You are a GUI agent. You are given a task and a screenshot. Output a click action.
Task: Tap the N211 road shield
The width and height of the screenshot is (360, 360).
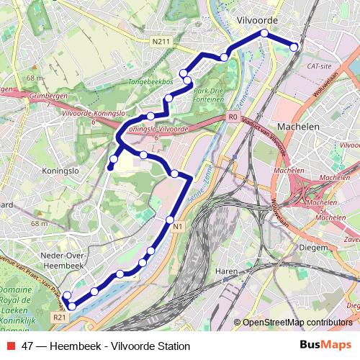pyautogui.click(x=161, y=42)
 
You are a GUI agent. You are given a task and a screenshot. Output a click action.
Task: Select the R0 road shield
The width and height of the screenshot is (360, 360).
pyautogui.click(x=232, y=116)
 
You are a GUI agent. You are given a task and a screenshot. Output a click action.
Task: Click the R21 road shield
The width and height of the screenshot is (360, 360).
pyautogui.click(x=59, y=316)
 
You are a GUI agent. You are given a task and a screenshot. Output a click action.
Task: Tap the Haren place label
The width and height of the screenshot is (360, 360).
pyautogui.click(x=226, y=271)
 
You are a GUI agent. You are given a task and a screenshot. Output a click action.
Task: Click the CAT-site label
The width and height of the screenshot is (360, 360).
pyautogui.click(x=319, y=66)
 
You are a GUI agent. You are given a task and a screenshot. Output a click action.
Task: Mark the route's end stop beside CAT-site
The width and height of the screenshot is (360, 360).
pyautogui.click(x=294, y=47)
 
